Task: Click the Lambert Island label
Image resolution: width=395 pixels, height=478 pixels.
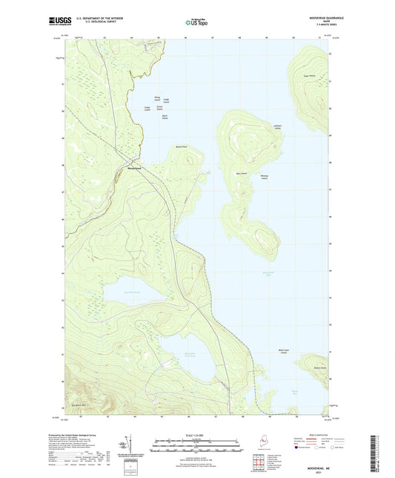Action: click(278, 126)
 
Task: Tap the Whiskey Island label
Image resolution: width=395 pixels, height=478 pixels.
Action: click(264, 176)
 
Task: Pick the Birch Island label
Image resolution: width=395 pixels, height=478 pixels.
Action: click(165, 117)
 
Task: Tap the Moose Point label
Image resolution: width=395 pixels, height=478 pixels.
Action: click(180, 147)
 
